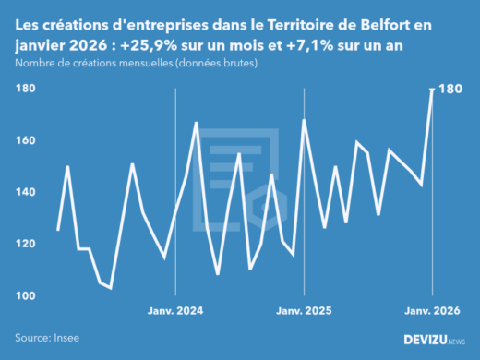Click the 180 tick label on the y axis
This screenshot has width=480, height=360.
point(25,89)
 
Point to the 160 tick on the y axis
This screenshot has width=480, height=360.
point(25,140)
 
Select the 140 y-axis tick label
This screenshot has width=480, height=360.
point(25,192)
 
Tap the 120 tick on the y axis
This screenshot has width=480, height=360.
point(25,244)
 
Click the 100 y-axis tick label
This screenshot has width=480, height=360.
point(25,295)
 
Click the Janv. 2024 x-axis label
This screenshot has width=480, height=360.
point(175,311)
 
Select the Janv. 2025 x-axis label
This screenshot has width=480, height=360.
point(304,311)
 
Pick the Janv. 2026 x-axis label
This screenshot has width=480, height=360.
point(432,311)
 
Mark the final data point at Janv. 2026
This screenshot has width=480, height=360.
point(433,90)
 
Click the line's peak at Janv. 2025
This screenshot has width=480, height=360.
point(304,120)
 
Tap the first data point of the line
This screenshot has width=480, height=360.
point(57,230)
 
